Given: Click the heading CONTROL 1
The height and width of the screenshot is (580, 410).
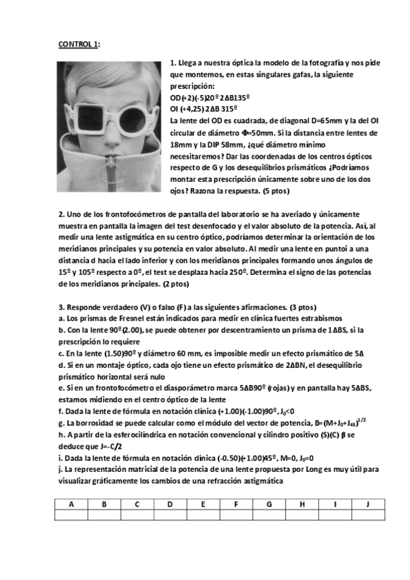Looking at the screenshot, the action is click(x=79, y=45).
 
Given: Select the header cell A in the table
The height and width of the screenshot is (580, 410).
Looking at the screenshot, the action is click(x=71, y=505).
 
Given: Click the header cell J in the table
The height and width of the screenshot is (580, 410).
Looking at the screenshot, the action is click(x=368, y=505).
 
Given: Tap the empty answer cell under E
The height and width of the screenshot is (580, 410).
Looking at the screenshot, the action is click(x=203, y=516).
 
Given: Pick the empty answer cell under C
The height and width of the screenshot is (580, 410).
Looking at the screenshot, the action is click(x=137, y=516).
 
